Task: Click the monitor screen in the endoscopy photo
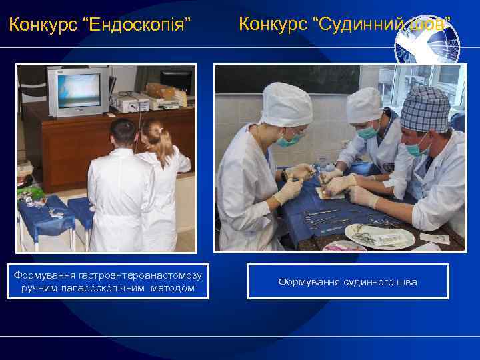click(x=78, y=91)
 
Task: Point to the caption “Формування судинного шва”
click(x=347, y=282)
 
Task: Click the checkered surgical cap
click(x=425, y=110)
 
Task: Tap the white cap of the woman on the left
click(x=286, y=104)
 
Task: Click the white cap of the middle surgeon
click(x=365, y=105)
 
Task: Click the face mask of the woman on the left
click(x=288, y=141)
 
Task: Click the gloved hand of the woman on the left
click(x=289, y=191)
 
